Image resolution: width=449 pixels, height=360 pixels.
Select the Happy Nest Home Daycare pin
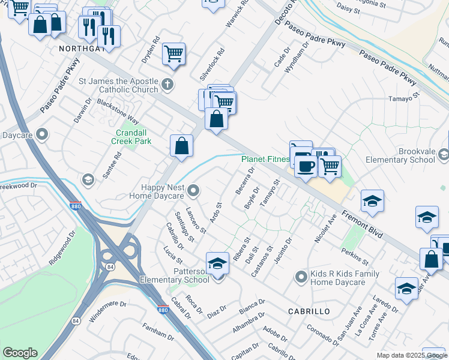pos(193,191)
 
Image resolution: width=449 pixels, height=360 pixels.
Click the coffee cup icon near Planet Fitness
pos(306,167)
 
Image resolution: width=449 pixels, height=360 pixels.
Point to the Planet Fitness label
pos(265,160)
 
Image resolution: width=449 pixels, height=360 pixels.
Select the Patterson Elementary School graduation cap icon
pos(217,263)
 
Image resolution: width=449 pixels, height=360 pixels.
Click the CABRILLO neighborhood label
pos(309,311)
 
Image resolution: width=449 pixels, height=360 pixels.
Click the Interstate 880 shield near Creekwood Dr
pos(76,205)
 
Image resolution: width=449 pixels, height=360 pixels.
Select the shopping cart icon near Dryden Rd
pos(174,53)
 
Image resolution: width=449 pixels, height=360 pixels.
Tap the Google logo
pos(20,353)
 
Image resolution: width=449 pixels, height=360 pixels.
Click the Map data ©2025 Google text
pos(411,355)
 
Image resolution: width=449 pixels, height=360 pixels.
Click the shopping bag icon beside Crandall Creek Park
pos(181,145)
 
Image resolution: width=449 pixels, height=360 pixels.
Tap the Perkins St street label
pos(357,256)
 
